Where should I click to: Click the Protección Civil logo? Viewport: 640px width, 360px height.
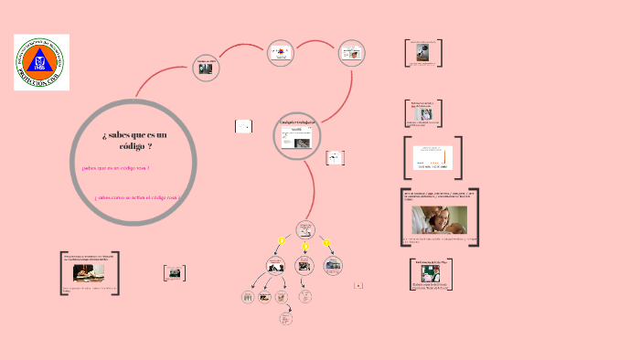click(x=41, y=62)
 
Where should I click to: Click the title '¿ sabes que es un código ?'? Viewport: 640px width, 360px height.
click(x=128, y=141)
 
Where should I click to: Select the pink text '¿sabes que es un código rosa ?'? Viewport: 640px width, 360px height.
click(x=115, y=168)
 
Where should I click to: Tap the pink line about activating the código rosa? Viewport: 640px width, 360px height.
click(x=136, y=197)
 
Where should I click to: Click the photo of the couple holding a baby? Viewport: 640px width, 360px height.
click(x=440, y=219)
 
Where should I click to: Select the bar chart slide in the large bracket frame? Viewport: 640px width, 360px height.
click(x=432, y=157)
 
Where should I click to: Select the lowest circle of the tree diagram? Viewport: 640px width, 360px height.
click(x=285, y=319)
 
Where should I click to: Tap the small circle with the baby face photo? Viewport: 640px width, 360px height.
click(x=352, y=53)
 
